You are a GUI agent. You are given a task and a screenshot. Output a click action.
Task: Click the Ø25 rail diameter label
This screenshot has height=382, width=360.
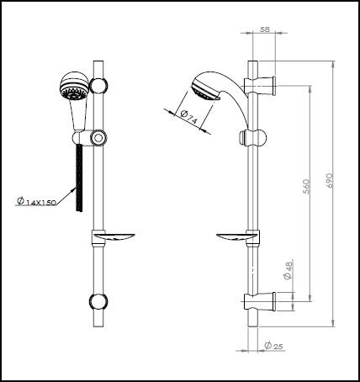click(x=271, y=346)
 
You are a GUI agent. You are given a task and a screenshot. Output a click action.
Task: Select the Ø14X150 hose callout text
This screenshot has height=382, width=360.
click(x=38, y=202)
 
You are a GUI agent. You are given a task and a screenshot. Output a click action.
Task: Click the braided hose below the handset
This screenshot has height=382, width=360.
click(x=79, y=177)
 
